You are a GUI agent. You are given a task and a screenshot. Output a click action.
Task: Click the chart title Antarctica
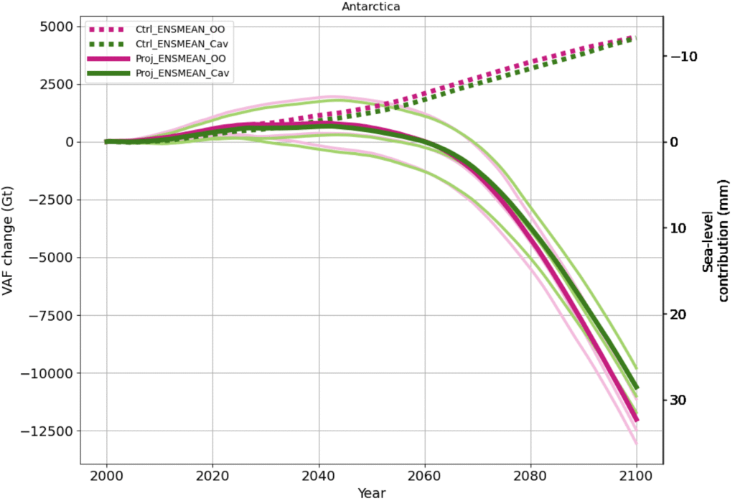371,6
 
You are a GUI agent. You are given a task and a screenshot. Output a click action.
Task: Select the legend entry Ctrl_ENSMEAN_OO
184,29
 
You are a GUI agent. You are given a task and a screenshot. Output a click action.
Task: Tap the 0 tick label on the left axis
67,142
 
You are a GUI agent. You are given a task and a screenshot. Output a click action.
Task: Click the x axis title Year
371,493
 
